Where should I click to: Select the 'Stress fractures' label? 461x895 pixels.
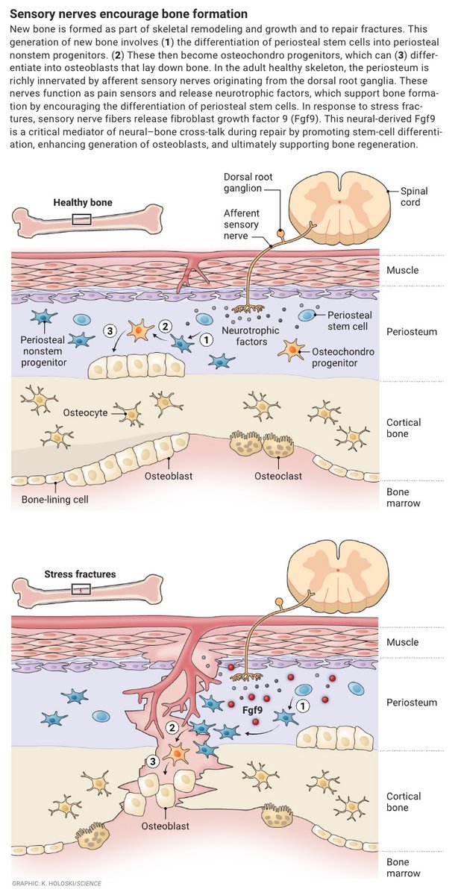(81, 574)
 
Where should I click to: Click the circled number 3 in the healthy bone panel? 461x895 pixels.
(110, 330)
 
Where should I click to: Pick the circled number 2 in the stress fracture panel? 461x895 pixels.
(173, 727)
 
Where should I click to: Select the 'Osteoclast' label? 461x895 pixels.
(275, 476)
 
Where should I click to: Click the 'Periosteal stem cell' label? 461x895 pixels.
(352, 321)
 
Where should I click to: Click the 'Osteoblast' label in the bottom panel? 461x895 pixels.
(166, 826)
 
